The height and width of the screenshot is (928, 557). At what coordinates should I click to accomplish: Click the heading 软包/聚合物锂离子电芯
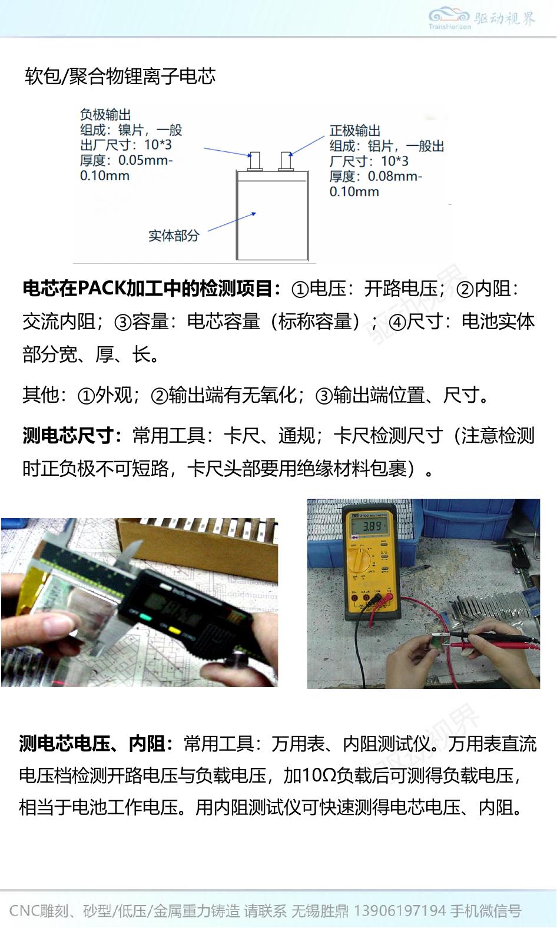point(120,76)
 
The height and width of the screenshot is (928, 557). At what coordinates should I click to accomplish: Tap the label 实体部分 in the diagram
point(174,236)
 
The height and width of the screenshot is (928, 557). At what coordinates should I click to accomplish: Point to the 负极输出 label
point(105,114)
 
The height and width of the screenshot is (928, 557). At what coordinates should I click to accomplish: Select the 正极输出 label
point(355,131)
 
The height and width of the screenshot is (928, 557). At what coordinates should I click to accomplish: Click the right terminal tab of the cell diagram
point(286,161)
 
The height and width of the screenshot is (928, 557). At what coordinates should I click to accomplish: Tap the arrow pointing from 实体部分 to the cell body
point(232,221)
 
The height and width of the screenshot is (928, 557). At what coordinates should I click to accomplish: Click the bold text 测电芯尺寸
point(68,436)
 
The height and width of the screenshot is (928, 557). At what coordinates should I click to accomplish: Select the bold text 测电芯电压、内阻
point(91,744)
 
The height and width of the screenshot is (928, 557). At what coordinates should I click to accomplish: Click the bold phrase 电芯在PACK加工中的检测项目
point(147,289)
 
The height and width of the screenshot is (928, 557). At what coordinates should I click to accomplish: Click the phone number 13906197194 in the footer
point(400,911)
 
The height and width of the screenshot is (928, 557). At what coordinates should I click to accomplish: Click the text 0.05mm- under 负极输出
point(145,160)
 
